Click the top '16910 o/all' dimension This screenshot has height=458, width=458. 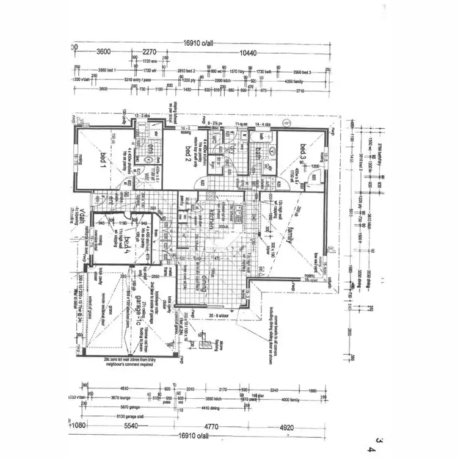[198, 43]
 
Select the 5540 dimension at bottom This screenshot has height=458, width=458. [130, 426]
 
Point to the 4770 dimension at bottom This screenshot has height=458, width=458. [212, 426]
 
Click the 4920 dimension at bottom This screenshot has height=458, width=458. [287, 426]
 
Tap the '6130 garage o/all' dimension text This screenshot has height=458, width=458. [116, 415]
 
